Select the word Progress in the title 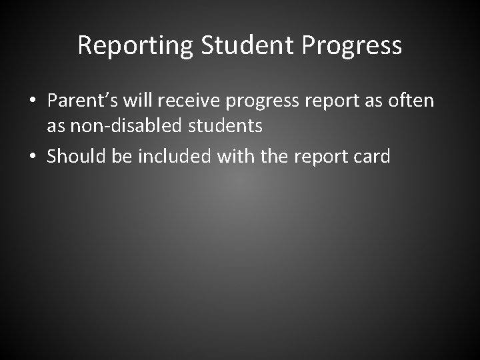tap(352, 46)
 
